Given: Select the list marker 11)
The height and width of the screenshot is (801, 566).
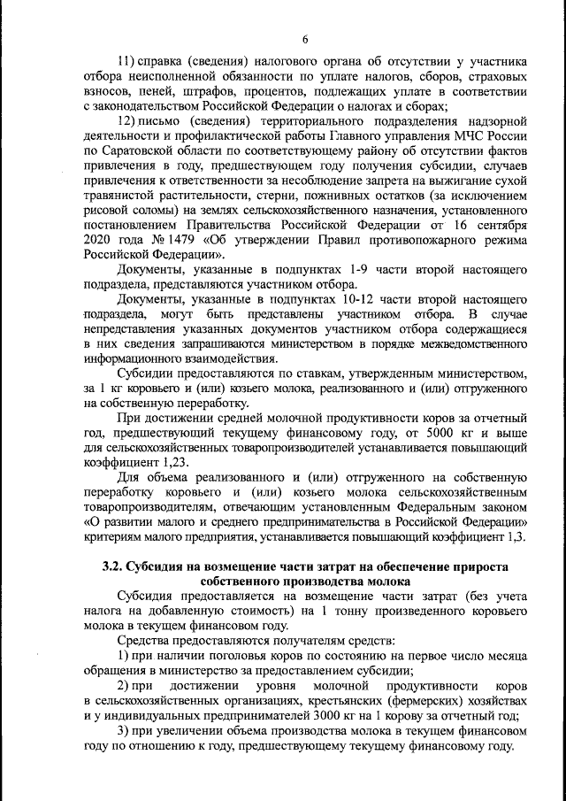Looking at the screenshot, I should pyautogui.click(x=125, y=62).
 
